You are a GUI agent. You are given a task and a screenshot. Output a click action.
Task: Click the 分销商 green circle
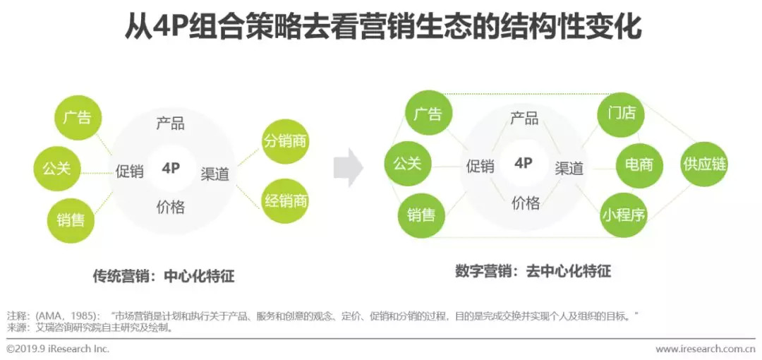click(286, 141)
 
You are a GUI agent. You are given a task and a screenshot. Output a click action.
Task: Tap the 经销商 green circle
click(286, 200)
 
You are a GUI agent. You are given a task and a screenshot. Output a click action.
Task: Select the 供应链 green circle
click(703, 164)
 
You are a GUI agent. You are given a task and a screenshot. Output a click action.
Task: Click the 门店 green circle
click(622, 113)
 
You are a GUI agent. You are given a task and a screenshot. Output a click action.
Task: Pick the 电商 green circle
click(639, 164)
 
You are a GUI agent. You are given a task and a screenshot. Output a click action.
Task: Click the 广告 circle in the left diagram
click(77, 116)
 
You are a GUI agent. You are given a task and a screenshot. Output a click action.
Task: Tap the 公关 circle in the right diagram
click(408, 164)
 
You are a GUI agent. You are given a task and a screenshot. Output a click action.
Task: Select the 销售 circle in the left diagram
click(71, 220)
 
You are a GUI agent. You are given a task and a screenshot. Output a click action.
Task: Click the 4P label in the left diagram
click(171, 167)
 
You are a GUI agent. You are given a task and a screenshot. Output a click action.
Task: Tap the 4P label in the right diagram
click(524, 163)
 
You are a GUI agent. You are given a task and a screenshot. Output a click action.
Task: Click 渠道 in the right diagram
click(569, 168)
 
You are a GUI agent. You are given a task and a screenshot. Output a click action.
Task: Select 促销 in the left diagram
click(130, 170)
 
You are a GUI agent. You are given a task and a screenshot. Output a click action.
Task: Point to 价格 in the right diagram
click(526, 203)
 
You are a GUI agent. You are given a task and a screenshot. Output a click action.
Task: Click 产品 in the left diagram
click(171, 124)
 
